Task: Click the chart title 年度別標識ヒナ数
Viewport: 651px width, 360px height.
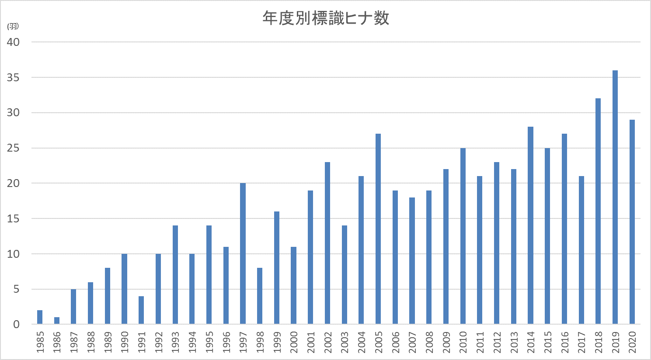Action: (326, 18)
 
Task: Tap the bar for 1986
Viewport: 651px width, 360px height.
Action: (57, 321)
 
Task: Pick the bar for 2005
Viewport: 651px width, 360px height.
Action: (378, 229)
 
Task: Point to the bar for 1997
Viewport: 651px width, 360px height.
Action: (243, 254)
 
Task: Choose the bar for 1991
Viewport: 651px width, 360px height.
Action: (141, 310)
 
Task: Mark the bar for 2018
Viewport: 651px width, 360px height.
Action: (598, 211)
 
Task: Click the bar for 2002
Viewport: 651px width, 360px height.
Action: (327, 243)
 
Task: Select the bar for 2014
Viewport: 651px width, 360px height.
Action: (530, 225)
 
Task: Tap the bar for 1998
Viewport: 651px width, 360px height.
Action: (260, 296)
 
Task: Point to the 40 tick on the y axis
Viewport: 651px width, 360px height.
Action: (14, 42)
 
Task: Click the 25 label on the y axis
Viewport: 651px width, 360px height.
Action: (14, 148)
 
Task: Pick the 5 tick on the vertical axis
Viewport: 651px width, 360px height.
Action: (16, 289)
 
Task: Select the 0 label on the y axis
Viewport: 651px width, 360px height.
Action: (16, 325)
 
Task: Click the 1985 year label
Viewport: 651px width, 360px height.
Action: (40, 342)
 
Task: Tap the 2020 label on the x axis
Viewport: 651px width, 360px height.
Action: (632, 342)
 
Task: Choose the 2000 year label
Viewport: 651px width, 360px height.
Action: (294, 342)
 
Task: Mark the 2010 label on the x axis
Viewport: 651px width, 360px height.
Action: (463, 342)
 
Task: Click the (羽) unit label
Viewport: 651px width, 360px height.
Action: (13, 26)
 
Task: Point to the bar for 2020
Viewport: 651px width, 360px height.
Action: (632, 222)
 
